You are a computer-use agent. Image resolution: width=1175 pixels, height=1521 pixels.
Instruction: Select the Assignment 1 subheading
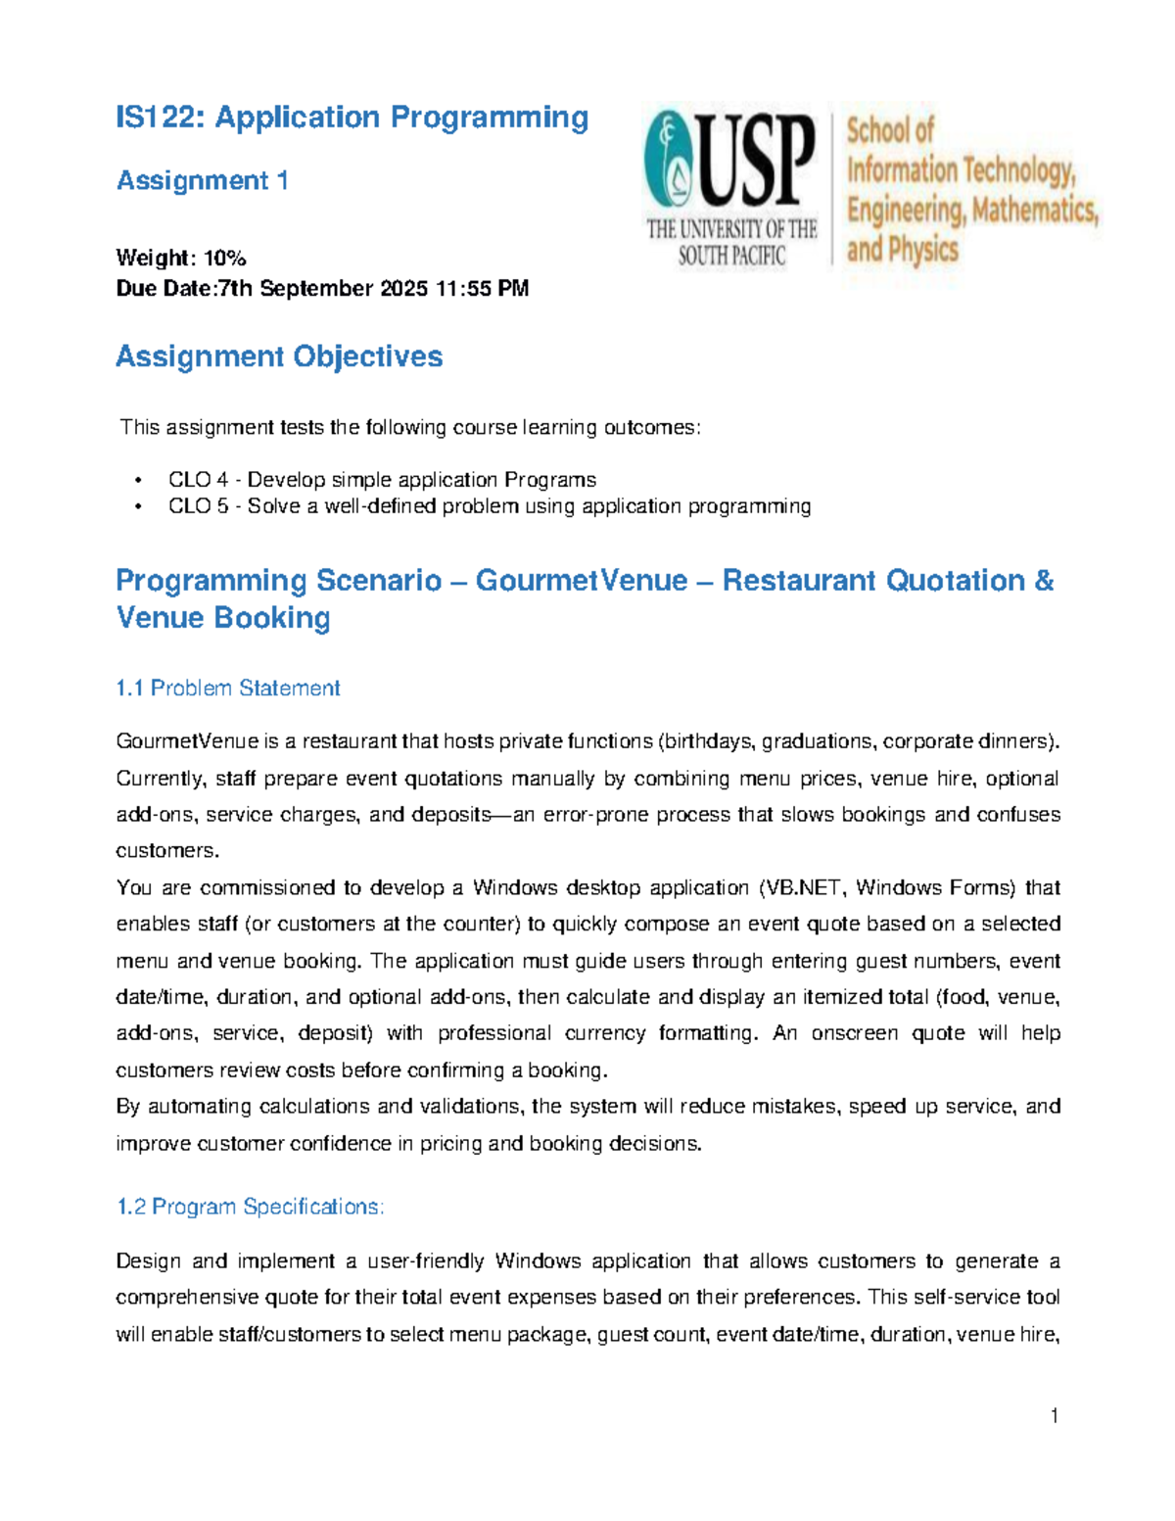click(202, 181)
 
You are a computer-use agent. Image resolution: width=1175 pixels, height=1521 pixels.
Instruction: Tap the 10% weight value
click(224, 259)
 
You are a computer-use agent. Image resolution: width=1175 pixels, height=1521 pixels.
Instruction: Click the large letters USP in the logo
click(756, 162)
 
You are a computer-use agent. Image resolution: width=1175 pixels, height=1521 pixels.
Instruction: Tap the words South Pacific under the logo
click(731, 257)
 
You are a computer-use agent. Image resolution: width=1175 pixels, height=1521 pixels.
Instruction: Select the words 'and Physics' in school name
click(902, 250)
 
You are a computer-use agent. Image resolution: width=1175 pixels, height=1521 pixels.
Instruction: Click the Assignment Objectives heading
click(279, 356)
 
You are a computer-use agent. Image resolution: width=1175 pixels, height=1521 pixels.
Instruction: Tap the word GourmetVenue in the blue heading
click(581, 581)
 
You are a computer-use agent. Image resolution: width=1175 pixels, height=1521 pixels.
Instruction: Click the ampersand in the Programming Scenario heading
click(1043, 581)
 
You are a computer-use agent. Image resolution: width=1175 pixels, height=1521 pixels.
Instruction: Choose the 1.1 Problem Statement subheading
click(227, 689)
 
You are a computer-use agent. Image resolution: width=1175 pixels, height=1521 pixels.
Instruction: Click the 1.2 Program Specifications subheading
click(250, 1207)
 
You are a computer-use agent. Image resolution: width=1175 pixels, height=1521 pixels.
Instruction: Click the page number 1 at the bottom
click(1054, 1415)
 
